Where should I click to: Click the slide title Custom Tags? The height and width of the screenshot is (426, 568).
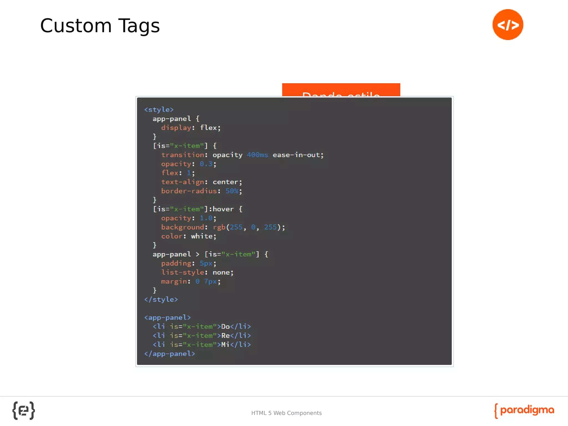pyautogui.click(x=100, y=26)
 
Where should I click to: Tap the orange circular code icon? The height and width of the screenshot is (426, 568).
pyautogui.click(x=508, y=25)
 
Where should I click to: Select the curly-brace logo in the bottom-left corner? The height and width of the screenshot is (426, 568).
pyautogui.click(x=24, y=410)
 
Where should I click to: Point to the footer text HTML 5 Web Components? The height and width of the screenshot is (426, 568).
pyautogui.click(x=286, y=413)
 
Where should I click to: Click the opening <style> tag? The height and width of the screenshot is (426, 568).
pyautogui.click(x=159, y=110)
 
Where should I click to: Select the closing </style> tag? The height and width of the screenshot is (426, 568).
pyautogui.click(x=161, y=300)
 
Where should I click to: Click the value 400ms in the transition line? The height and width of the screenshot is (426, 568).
pyautogui.click(x=257, y=155)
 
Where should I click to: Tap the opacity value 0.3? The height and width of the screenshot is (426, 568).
pyautogui.click(x=206, y=164)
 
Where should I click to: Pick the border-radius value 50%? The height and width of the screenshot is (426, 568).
pyautogui.click(x=232, y=191)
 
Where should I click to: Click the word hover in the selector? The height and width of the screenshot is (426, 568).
pyautogui.click(x=223, y=209)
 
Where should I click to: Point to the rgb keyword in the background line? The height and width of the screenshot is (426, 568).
pyautogui.click(x=219, y=227)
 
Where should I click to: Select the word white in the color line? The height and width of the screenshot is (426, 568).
pyautogui.click(x=202, y=236)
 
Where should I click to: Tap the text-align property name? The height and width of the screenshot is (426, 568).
pyautogui.click(x=183, y=182)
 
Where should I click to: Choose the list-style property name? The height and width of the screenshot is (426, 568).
pyautogui.click(x=183, y=272)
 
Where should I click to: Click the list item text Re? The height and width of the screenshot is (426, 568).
pyautogui.click(x=225, y=336)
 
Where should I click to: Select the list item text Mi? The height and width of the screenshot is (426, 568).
pyautogui.click(x=225, y=345)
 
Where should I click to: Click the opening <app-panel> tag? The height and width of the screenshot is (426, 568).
pyautogui.click(x=168, y=318)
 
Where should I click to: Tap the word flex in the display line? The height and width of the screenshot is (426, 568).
pyautogui.click(x=208, y=128)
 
